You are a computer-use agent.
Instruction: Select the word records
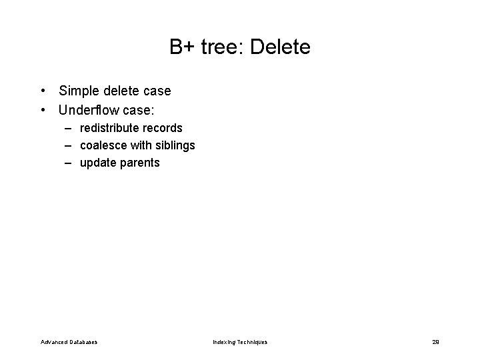[162, 127]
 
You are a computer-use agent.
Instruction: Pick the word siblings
[175, 145]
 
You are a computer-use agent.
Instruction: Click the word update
[98, 163]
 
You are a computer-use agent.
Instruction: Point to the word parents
[140, 163]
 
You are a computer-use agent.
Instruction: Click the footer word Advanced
[54, 342]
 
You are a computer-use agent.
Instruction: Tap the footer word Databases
[83, 342]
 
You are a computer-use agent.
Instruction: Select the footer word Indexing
[225, 342]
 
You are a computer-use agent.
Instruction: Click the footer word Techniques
[253, 342]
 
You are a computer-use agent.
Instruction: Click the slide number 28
[435, 342]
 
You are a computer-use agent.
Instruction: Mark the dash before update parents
[69, 163]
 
